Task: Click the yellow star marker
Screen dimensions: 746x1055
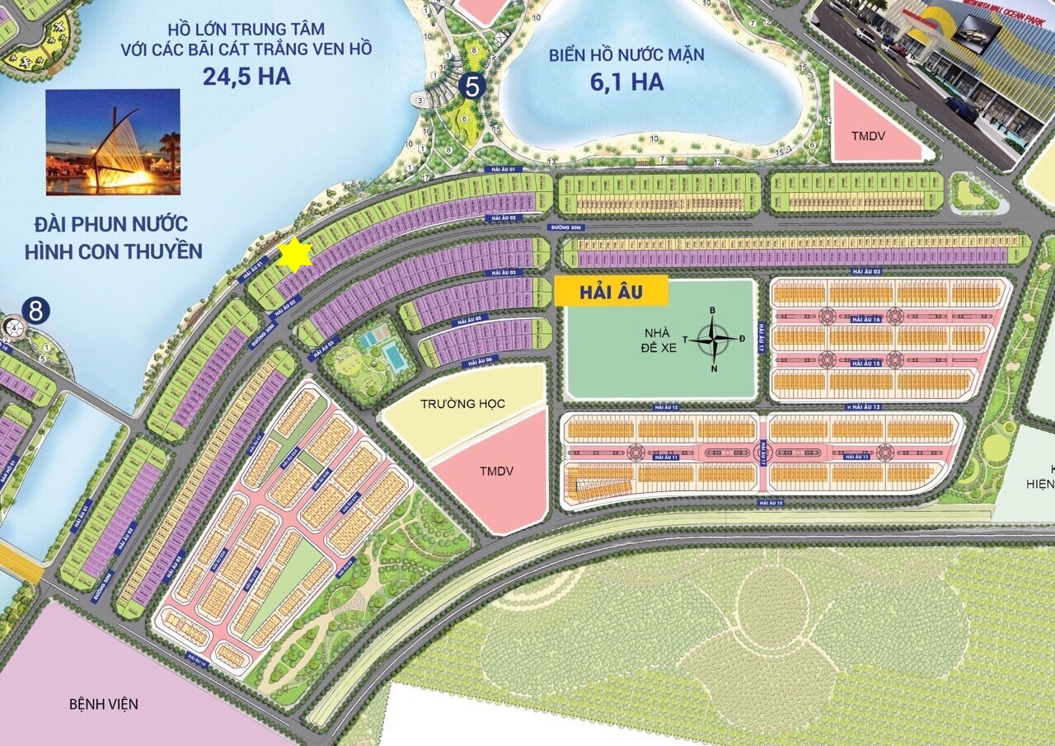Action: click(294, 256)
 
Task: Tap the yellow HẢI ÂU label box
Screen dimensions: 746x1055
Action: click(611, 291)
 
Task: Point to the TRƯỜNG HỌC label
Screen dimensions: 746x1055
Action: click(462, 404)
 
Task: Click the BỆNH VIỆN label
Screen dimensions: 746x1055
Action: click(104, 704)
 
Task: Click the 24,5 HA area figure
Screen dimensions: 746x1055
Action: click(246, 77)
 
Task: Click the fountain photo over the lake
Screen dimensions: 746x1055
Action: click(113, 142)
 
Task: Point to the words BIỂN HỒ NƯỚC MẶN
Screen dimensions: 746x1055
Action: click(628, 55)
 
